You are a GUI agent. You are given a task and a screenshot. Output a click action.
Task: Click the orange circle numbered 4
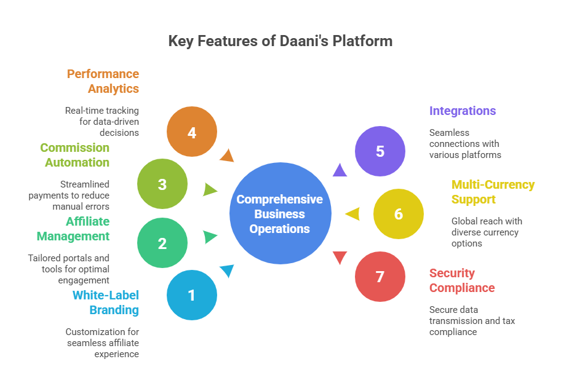pos(192,132)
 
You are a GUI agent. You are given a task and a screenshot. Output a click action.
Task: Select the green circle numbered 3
pos(162,184)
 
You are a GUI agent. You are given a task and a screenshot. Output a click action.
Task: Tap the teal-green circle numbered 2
pos(162,243)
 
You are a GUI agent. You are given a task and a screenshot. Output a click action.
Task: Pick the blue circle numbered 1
pos(192,295)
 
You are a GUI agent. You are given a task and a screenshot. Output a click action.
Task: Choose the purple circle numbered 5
pos(380,151)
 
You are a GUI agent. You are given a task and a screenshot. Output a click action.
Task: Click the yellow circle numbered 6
pos(399,214)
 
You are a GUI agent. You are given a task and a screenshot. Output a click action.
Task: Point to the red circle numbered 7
pos(380,277)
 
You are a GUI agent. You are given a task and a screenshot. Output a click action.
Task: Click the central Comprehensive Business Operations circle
pos(280,213)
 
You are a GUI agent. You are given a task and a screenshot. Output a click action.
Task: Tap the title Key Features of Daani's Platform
pos(280,42)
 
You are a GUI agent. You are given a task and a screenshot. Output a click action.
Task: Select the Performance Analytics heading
pos(103,81)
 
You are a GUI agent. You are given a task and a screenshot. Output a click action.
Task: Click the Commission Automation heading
pos(75,155)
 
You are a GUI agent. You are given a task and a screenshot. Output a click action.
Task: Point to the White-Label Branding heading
pos(105,302)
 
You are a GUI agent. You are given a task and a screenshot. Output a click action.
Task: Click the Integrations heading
pos(463,111)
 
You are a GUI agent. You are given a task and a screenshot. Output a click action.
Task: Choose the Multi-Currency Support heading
pos(493,192)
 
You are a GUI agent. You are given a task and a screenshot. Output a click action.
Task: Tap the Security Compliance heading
pos(462,280)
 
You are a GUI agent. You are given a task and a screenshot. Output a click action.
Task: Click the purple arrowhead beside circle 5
pos(339,170)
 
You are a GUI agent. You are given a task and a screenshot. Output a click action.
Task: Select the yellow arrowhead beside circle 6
pos(352,214)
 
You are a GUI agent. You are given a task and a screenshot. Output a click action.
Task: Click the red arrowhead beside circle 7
pos(339,258)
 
